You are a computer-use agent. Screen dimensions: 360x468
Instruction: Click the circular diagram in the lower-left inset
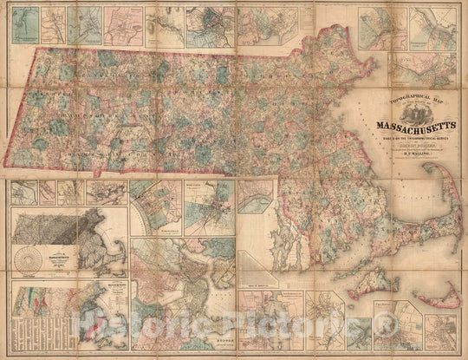(31, 260)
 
